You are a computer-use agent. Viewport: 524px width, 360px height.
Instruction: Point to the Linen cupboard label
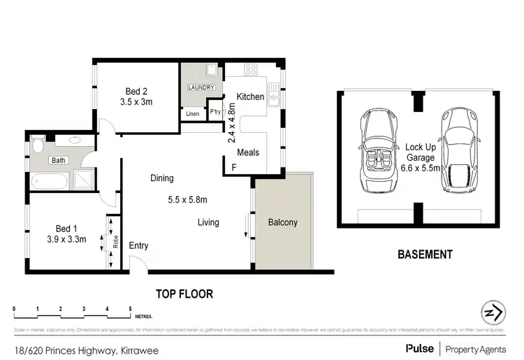click(193, 113)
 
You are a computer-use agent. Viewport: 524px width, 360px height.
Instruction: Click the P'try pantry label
click(216, 112)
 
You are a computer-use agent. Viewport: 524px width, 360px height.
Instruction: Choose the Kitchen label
click(250, 96)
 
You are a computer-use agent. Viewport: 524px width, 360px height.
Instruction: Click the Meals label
click(249, 152)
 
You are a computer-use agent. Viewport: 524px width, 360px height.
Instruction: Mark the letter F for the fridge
click(234, 168)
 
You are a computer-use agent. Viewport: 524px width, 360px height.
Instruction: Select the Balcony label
click(283, 223)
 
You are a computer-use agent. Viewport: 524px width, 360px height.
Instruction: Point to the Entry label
click(138, 245)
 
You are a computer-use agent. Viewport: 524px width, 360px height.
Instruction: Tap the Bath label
click(58, 160)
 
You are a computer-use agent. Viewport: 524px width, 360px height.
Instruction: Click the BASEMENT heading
click(425, 254)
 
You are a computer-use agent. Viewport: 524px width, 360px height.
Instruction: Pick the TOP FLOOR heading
click(184, 294)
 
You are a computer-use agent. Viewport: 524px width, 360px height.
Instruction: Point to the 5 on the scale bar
click(130, 308)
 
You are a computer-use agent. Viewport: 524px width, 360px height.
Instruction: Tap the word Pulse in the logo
click(418, 347)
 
